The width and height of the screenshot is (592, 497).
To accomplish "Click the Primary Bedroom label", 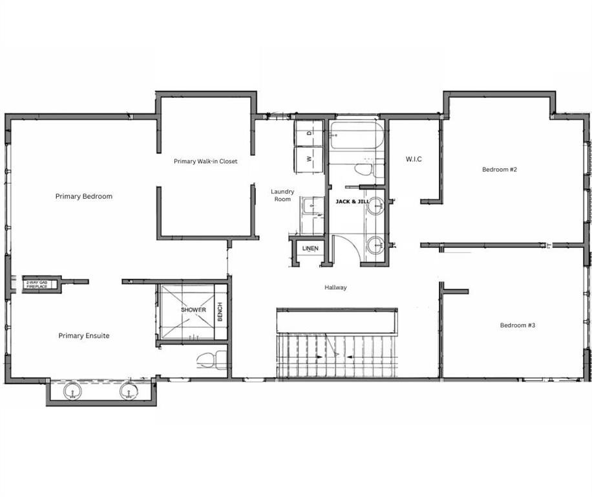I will tap(83, 196).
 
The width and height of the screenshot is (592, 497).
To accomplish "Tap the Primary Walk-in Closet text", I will tap(206, 161).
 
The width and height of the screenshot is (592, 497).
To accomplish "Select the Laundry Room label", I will tap(282, 195).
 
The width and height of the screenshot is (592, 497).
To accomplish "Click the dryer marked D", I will tap(309, 133).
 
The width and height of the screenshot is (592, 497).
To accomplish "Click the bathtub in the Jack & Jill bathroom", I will tap(356, 137).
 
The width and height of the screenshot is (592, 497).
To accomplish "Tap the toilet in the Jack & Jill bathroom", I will tap(364, 170).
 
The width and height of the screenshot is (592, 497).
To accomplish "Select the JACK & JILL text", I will tap(352, 202).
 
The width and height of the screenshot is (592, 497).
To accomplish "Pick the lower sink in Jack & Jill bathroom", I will tap(375, 245).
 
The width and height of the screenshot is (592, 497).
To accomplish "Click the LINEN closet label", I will tap(310, 248).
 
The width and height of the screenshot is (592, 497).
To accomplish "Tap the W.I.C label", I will tap(414, 159).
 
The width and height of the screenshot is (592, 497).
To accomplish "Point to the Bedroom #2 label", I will tap(500, 170).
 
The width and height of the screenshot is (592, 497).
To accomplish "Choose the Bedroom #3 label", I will tap(517, 325).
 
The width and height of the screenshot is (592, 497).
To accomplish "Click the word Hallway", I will tap(335, 287).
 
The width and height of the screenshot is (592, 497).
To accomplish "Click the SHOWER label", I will tap(193, 310).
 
